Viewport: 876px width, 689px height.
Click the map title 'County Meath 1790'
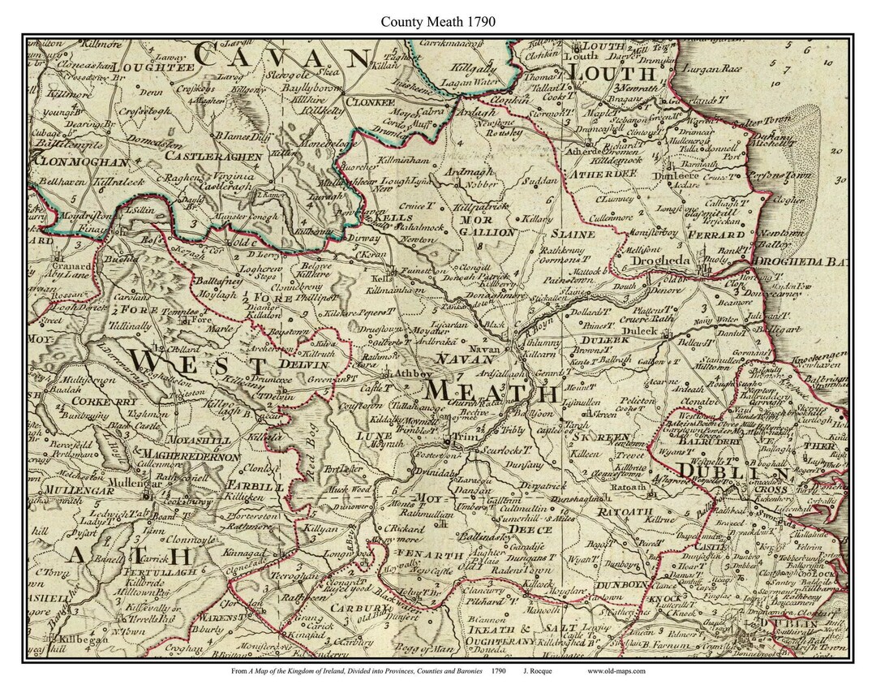[438, 22]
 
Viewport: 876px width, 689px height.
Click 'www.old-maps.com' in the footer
[616, 670]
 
